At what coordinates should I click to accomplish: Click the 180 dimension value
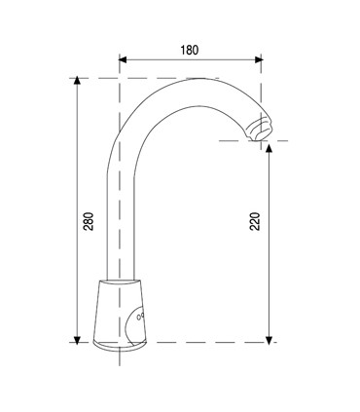190,45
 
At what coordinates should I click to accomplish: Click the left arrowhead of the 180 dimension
124,59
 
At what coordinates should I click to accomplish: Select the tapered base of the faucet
123,312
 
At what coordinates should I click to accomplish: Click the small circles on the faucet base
140,318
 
